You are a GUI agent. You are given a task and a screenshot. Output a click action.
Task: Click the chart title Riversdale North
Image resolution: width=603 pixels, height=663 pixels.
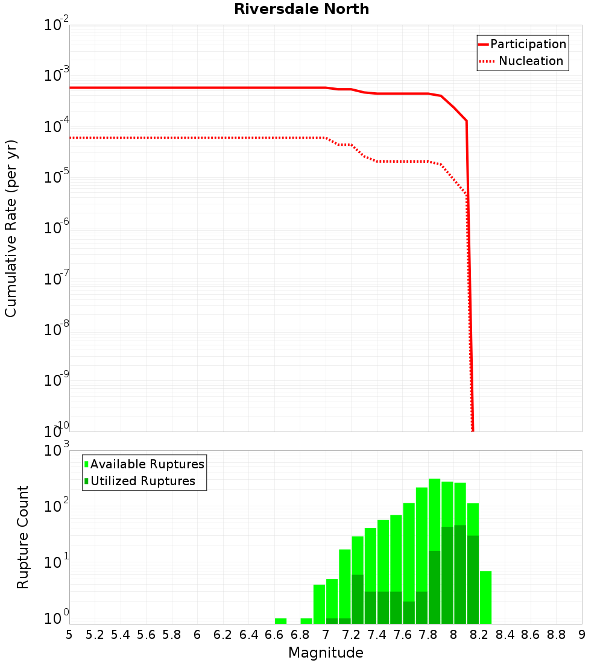(x=301, y=9)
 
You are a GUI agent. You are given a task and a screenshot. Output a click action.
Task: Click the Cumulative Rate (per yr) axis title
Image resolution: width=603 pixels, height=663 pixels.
(x=11, y=228)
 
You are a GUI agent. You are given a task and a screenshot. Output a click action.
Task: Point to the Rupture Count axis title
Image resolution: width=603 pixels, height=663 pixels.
(x=23, y=536)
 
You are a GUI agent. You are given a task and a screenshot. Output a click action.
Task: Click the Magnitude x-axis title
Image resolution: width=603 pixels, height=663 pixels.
(x=326, y=653)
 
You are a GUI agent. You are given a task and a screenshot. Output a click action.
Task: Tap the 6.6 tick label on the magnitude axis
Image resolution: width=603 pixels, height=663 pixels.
(x=274, y=634)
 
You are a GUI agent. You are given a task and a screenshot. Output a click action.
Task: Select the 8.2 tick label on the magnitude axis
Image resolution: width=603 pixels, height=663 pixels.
(x=479, y=634)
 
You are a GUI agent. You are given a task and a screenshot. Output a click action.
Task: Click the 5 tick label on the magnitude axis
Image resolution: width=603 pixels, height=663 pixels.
(x=69, y=634)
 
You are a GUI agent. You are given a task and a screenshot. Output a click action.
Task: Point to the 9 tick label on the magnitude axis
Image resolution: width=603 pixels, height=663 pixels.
(x=582, y=634)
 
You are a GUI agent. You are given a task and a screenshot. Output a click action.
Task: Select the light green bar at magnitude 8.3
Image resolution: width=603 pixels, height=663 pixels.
(x=486, y=597)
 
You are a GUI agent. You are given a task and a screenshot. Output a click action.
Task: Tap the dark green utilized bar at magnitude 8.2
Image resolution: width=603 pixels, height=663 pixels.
(x=473, y=579)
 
